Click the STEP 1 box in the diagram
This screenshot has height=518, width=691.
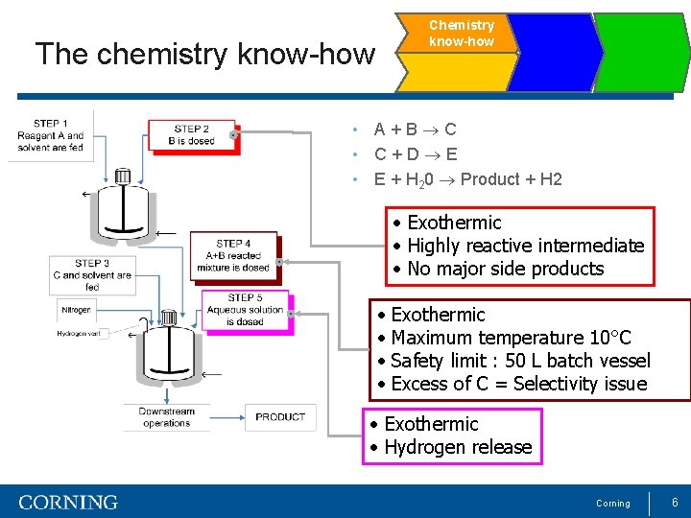[50, 135]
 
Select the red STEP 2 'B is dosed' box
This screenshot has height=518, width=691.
[192, 135]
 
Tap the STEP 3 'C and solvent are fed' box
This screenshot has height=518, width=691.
[92, 274]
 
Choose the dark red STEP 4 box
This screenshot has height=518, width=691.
[233, 256]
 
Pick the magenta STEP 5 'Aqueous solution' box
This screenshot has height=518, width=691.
[246, 311]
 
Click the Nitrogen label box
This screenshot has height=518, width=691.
[76, 311]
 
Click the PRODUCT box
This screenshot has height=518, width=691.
[281, 416]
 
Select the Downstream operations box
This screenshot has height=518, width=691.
[166, 417]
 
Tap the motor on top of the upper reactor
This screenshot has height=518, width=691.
[122, 177]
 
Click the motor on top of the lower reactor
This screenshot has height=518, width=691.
[169, 318]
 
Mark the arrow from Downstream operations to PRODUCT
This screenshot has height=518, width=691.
[228, 417]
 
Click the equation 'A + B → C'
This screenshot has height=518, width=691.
[415, 129]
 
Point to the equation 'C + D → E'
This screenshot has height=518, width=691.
[415, 154]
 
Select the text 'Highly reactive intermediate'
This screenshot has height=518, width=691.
[525, 246]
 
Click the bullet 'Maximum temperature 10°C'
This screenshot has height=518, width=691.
[511, 338]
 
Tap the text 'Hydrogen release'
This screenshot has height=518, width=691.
[457, 447]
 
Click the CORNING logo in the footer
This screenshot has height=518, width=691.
[68, 502]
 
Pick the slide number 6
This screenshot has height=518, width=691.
[675, 502]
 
